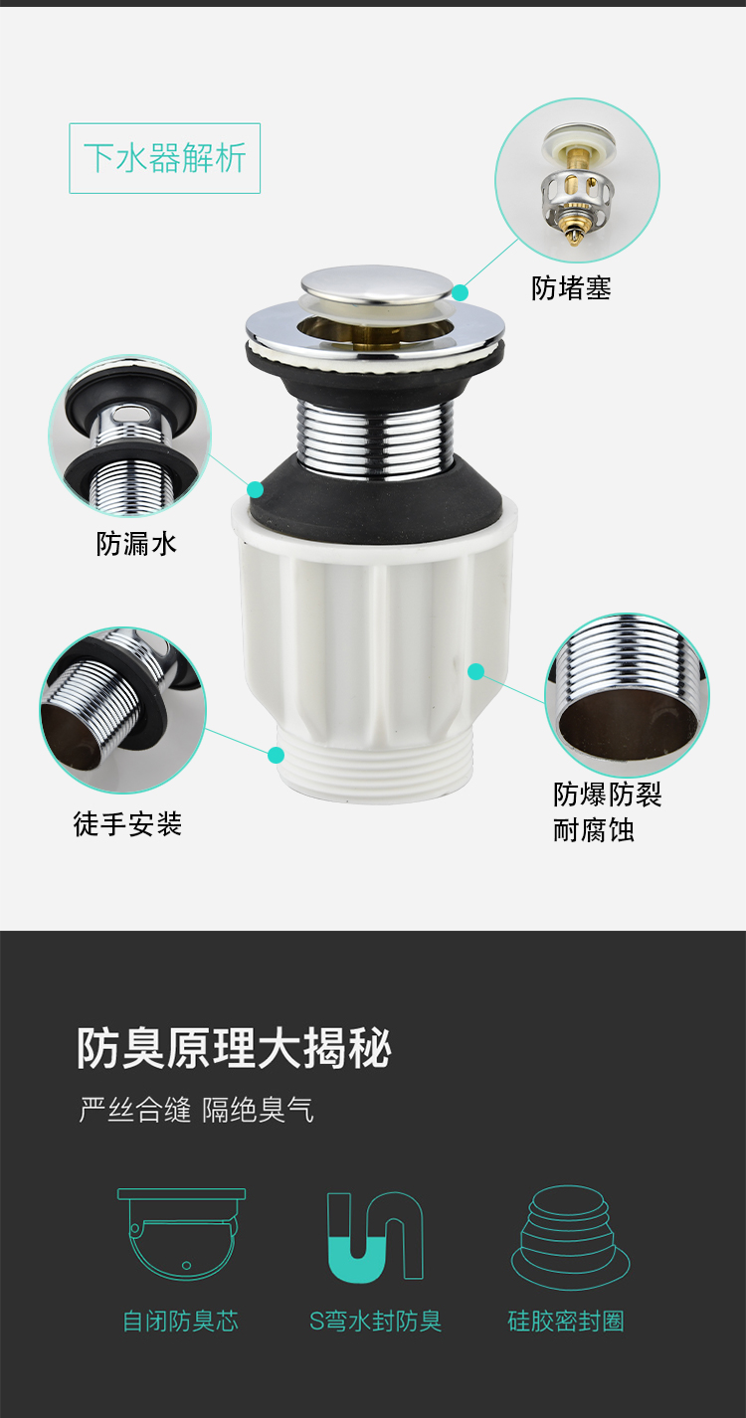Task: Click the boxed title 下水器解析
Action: coord(164,158)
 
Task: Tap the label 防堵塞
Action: coord(571,288)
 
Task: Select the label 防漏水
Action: coord(136,543)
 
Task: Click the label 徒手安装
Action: coord(127,823)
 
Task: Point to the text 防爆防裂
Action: coord(607,795)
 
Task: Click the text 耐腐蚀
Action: coord(593,830)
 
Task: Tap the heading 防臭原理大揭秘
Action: coord(235,1048)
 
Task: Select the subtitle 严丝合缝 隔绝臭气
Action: coord(196,1110)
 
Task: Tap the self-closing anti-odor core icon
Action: coord(181,1233)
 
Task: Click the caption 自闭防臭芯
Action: coord(181,1322)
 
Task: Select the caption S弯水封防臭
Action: coord(374,1322)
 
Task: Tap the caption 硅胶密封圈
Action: coord(566,1322)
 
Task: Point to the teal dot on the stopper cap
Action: coord(460,292)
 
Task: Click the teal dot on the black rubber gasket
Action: coord(256,489)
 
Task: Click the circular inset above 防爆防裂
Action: coord(627,695)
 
